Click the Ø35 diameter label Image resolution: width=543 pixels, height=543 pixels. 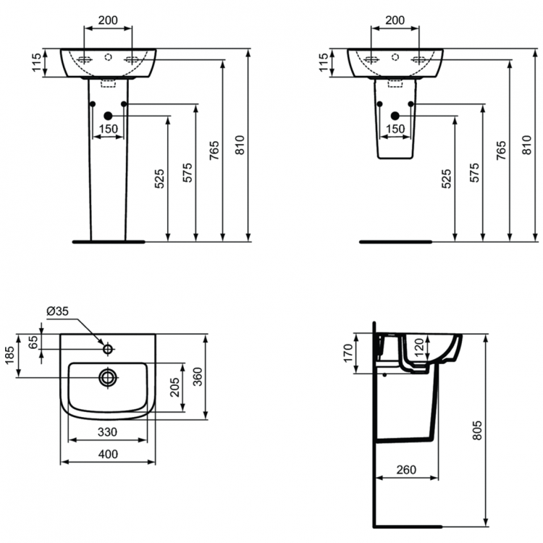point(57,311)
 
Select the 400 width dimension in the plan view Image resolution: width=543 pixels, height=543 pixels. point(108,454)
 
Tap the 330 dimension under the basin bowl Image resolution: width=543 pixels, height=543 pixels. point(108,432)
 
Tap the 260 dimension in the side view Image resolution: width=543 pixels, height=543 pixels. point(407,470)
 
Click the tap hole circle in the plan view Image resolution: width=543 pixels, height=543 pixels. point(108,350)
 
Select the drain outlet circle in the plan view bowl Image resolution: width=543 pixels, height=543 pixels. point(108,376)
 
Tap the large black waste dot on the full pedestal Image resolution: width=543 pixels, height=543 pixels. point(108,116)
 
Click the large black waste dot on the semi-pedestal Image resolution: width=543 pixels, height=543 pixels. point(395,116)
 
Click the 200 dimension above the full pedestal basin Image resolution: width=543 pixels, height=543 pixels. point(108,20)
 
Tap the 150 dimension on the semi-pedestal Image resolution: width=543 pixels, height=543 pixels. point(395,129)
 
